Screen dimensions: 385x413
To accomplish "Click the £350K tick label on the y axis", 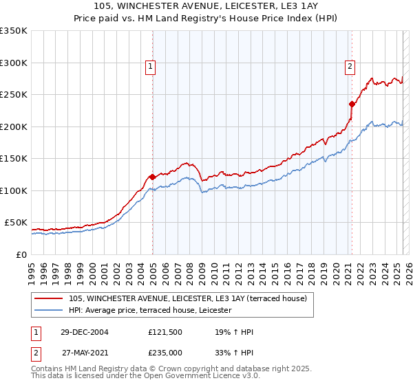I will point(13,31).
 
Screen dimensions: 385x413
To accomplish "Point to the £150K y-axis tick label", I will point(13,158).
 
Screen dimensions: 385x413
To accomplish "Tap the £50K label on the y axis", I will point(16,223).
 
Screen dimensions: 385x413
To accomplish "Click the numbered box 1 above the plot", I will point(150,67).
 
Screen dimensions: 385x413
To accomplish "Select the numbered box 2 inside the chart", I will point(350,67).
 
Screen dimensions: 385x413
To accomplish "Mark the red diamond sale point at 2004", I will point(152,177).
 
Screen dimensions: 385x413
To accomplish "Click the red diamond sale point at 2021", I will point(352,104).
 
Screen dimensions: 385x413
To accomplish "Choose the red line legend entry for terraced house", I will point(191,298).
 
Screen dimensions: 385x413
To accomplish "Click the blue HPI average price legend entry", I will point(150,311).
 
